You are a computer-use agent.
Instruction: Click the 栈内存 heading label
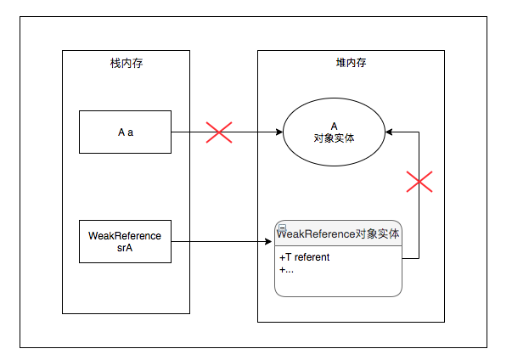click(x=126, y=64)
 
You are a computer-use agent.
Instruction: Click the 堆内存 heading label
click(x=351, y=64)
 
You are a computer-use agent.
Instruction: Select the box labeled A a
click(x=126, y=132)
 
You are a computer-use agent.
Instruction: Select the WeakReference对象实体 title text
click(x=340, y=233)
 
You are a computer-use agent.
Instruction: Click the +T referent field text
click(x=304, y=257)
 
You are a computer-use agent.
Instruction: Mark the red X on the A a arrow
click(x=219, y=132)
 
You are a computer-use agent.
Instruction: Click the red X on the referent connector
click(x=419, y=181)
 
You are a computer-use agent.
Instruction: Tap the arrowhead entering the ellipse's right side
click(x=389, y=132)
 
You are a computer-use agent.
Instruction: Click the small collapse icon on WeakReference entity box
click(x=282, y=227)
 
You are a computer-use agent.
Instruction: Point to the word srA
click(x=126, y=247)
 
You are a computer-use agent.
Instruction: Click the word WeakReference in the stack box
click(x=126, y=235)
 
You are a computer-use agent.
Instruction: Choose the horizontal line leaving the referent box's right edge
click(x=410, y=257)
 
